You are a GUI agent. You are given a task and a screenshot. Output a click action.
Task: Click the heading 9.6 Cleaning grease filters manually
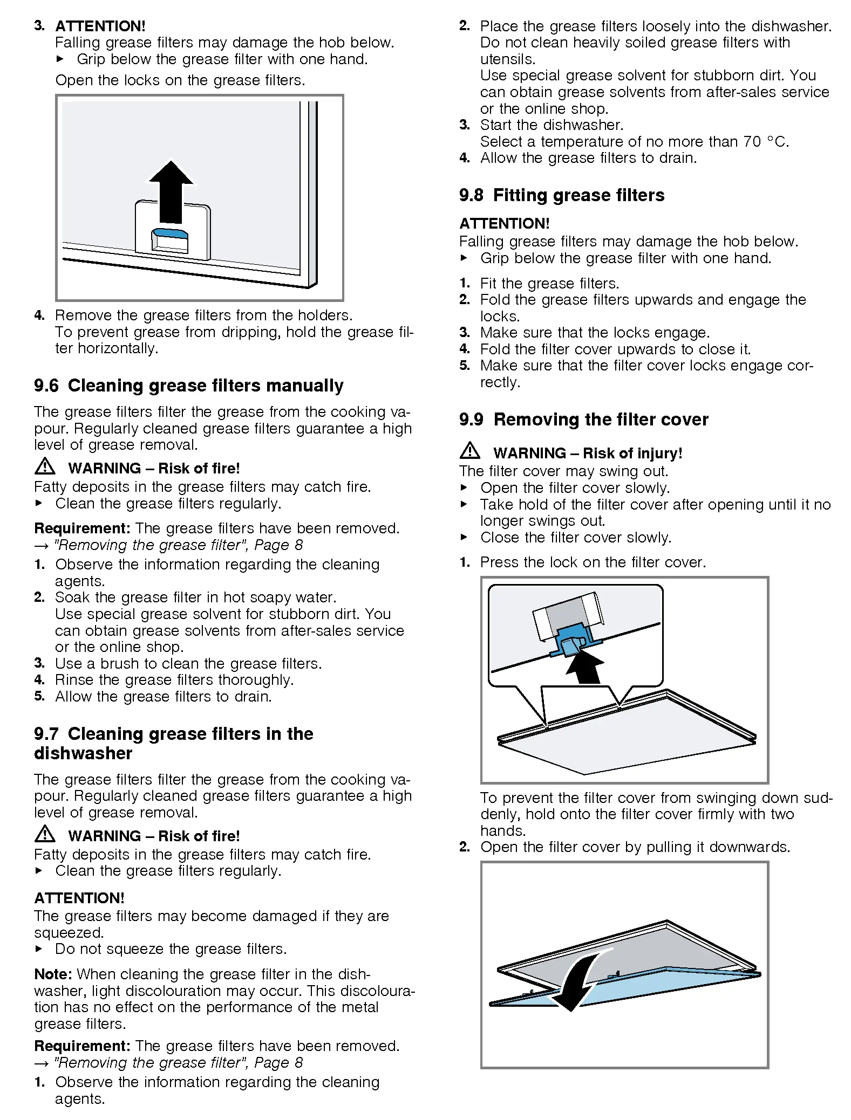point(189,386)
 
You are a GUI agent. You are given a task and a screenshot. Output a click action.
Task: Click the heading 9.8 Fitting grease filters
point(562,195)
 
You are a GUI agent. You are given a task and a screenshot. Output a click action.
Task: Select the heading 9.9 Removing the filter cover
point(583,420)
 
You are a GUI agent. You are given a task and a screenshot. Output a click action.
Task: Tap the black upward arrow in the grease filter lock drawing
point(171,191)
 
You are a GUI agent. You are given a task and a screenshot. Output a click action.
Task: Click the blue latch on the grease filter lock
point(170,233)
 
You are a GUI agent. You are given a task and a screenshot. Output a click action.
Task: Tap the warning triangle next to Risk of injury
point(470,451)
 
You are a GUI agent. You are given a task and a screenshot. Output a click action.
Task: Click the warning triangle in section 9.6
point(45,466)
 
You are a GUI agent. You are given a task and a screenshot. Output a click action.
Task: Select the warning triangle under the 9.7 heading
point(45,834)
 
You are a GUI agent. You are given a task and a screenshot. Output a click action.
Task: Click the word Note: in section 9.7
point(53,974)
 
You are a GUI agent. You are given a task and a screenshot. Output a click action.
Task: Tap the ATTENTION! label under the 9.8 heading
point(504,223)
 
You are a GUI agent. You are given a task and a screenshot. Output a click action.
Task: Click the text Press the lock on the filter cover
point(593,562)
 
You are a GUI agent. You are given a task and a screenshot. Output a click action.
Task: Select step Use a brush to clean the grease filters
point(188,664)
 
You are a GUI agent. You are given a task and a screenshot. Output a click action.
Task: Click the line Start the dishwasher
point(552,125)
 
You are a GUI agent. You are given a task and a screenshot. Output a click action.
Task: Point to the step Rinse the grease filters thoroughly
point(174,680)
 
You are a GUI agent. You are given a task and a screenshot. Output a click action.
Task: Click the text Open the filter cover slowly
point(575,488)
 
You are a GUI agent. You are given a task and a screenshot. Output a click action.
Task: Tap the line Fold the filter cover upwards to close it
point(615,349)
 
